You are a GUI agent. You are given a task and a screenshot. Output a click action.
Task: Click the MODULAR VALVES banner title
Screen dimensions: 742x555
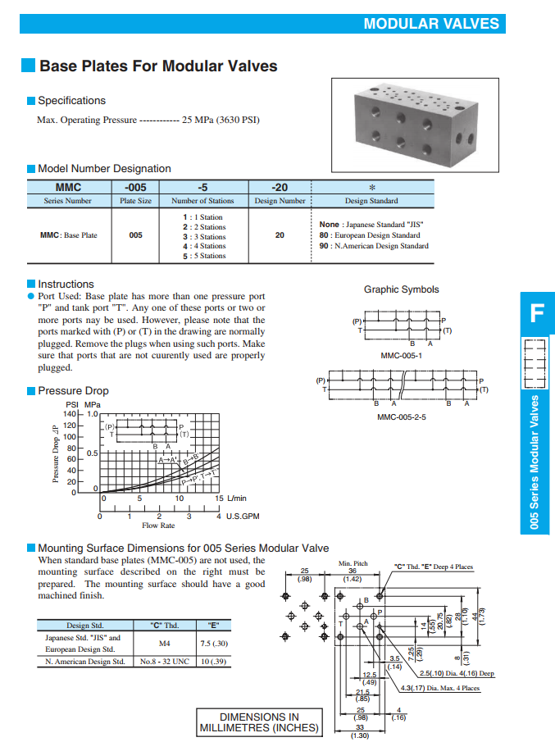pos(431,24)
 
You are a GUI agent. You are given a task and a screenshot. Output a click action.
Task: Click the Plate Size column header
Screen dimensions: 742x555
pos(135,201)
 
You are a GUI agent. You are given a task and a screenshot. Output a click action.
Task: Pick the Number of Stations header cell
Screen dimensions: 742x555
pos(202,201)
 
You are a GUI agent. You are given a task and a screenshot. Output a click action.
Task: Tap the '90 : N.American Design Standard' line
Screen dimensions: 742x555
pos(374,246)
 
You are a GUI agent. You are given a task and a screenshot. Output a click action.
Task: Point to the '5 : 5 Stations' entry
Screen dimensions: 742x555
pos(204,256)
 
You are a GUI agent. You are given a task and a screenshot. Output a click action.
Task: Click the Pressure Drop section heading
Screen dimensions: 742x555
pos(73,391)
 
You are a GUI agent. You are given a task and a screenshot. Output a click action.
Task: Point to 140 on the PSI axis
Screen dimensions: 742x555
pos(70,415)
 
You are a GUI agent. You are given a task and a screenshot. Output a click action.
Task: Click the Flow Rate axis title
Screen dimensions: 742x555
pos(158,526)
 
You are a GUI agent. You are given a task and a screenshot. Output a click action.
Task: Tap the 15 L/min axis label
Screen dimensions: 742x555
pos(230,498)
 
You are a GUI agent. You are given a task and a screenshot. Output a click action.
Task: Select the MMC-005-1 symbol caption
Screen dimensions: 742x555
pos(402,356)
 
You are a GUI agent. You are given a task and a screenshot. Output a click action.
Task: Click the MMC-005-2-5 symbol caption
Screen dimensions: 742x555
pos(402,417)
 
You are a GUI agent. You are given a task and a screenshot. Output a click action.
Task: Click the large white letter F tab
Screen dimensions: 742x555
pos(536,313)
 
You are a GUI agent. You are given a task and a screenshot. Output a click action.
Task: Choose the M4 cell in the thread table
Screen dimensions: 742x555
pos(163,644)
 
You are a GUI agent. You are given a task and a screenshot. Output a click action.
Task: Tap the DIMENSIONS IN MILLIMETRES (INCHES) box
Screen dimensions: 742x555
pos(259,722)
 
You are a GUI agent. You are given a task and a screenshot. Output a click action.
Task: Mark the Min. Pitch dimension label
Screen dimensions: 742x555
pos(353,564)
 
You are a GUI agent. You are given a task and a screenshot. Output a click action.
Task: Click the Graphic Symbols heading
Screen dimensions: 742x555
pos(401,289)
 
